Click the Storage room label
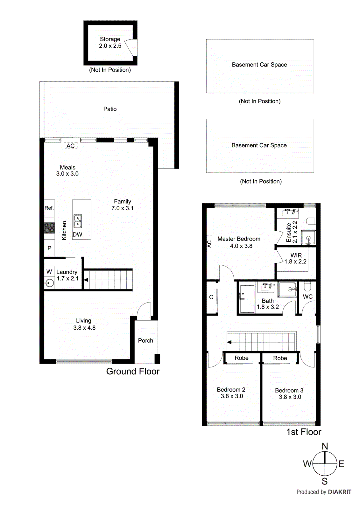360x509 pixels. pos(110,39)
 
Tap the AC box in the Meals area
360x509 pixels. pos(70,146)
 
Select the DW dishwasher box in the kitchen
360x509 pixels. pos(77,234)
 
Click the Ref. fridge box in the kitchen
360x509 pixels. pos(49,208)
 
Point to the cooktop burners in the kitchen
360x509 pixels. pos(49,228)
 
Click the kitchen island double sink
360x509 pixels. pos(78,221)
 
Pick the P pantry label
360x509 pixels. pos(49,248)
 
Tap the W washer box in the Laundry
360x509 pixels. pos(49,272)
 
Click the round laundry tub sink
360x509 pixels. pos(50,283)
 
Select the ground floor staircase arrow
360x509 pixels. pos(86,280)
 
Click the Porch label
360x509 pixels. pos(145,340)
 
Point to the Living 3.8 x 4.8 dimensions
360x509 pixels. pos(84,328)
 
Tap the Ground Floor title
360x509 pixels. pos(133,371)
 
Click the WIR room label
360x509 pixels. pos(296,255)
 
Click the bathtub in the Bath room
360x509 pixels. pos(247,298)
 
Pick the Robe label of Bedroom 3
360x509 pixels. pos(280,358)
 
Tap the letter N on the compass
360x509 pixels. pos(325,446)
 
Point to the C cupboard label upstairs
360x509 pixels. pos(211,297)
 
